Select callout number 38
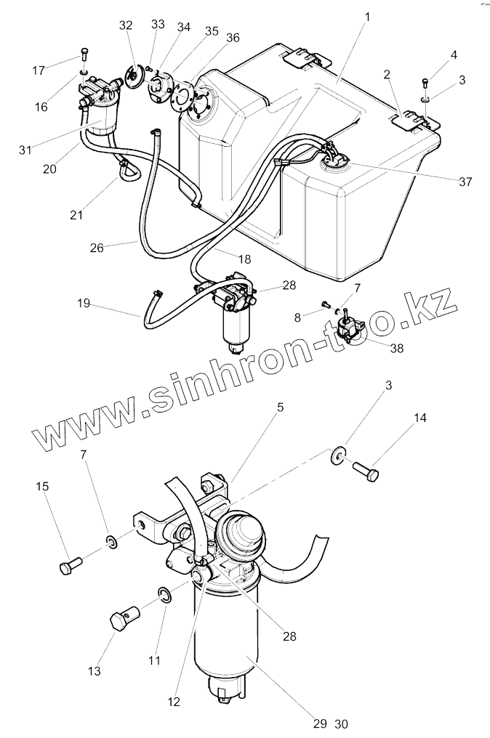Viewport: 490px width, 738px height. (396, 348)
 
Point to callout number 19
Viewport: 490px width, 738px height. (84, 303)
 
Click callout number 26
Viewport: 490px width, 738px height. (97, 247)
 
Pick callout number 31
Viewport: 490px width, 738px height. (26, 150)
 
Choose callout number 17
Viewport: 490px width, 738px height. (38, 70)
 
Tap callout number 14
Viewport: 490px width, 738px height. (421, 418)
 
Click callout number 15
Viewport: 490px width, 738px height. (44, 487)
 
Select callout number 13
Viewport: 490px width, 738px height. (95, 671)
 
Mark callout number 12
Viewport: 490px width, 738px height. (174, 702)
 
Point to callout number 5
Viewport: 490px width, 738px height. (280, 408)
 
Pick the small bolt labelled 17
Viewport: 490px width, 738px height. (84, 54)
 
